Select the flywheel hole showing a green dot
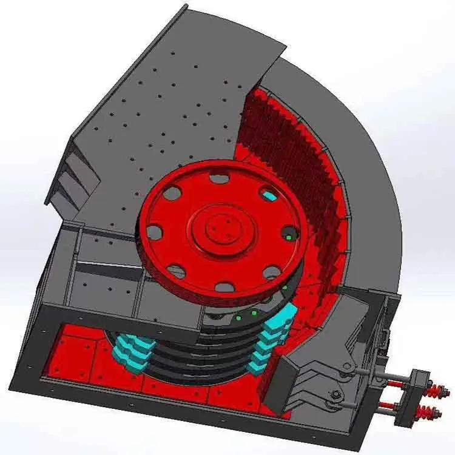pos(290,236)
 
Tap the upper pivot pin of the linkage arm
pos(348,368)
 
